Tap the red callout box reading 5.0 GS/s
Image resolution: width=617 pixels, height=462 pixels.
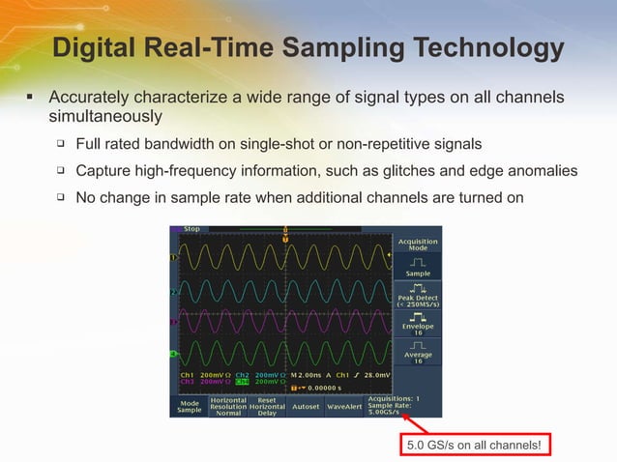tap(474, 445)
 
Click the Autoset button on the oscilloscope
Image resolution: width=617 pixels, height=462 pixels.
tap(306, 406)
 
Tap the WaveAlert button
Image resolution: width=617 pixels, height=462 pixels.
tap(343, 406)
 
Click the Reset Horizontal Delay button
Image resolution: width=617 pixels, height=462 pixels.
tap(267, 406)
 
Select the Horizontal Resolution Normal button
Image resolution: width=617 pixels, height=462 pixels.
tap(228, 406)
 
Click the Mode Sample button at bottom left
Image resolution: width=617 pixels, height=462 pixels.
tap(189, 406)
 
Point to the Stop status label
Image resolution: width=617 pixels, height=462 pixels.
tap(191, 230)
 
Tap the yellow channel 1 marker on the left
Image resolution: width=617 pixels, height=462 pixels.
tap(172, 258)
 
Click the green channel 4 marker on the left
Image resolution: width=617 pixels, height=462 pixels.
tap(172, 353)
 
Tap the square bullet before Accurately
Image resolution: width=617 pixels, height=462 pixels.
tap(30, 98)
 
